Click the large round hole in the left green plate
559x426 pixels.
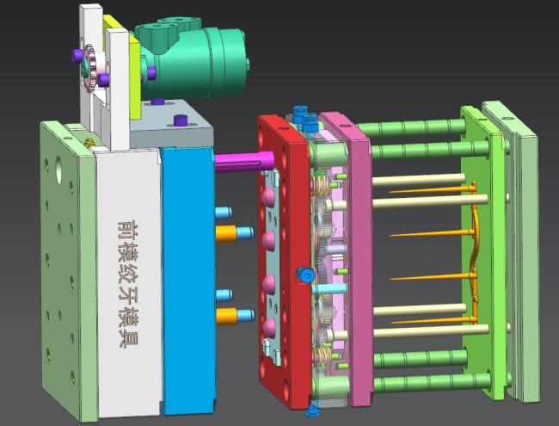pos(58,167)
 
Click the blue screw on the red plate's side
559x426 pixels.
pos(305,275)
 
